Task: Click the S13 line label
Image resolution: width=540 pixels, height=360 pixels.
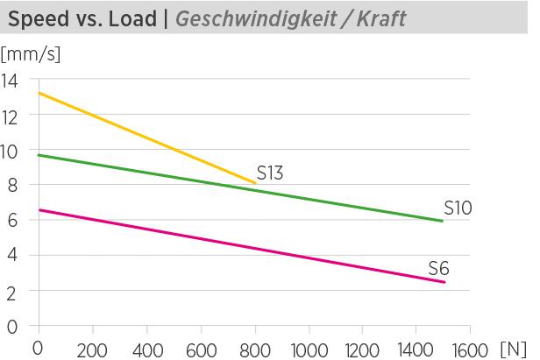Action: click(269, 173)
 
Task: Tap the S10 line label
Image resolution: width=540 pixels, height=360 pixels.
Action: click(458, 208)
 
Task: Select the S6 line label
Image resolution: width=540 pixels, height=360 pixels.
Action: click(438, 268)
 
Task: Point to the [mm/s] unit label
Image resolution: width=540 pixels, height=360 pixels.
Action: click(31, 56)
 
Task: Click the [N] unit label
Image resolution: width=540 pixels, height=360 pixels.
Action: click(513, 349)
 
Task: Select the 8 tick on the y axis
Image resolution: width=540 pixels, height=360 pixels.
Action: click(12, 186)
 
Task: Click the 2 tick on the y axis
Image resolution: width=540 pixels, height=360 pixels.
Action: click(12, 291)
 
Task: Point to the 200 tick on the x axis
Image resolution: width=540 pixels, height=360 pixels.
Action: click(92, 349)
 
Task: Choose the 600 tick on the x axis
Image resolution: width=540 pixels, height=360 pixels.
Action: click(202, 349)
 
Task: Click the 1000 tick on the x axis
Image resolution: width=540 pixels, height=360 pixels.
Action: click(309, 349)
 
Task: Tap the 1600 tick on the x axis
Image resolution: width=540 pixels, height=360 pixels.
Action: click(470, 349)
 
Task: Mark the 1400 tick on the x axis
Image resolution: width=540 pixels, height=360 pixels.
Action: click(416, 349)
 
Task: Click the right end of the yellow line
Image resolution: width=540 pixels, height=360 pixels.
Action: click(255, 183)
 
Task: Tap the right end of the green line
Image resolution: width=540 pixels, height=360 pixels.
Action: click(443, 221)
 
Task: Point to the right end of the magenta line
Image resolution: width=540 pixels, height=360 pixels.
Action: click(444, 282)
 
